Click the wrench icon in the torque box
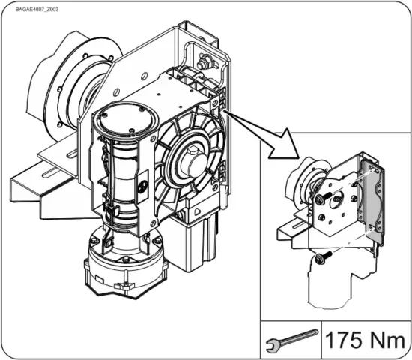pos(290,340)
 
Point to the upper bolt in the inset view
pos(320,199)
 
